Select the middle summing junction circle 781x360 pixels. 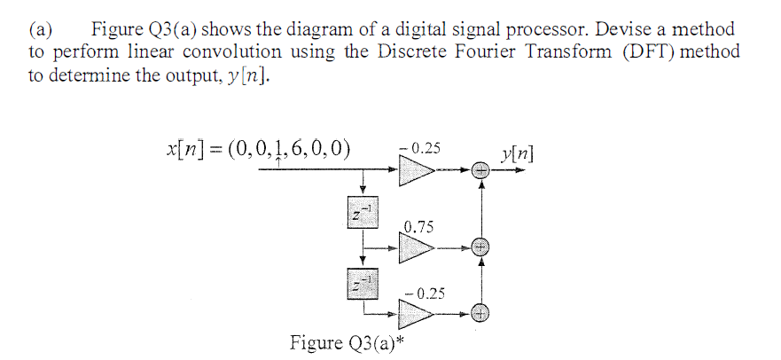pos(480,247)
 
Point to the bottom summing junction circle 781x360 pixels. pos(480,312)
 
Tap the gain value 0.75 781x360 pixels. pos(418,228)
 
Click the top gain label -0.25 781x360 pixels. pos(419,147)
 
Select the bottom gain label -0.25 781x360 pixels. pos(424,292)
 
